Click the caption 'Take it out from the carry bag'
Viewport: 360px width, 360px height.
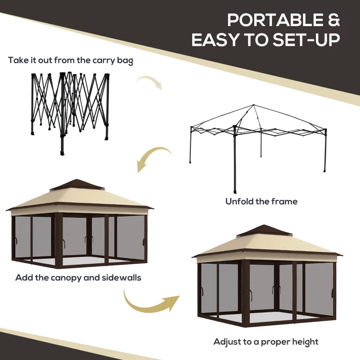pyautogui.click(x=71, y=60)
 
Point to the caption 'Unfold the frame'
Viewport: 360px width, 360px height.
pyautogui.click(x=261, y=201)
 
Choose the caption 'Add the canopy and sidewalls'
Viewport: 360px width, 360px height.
pyautogui.click(x=78, y=277)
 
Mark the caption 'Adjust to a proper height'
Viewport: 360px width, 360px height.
pyautogui.click(x=266, y=342)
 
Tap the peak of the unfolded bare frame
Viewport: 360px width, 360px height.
pyautogui.click(x=255, y=106)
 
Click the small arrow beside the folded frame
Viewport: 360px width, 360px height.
pyautogui.click(x=149, y=82)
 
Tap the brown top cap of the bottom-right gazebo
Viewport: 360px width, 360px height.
pyautogui.click(x=264, y=230)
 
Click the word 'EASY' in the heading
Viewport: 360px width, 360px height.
pyautogui.click(x=216, y=40)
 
